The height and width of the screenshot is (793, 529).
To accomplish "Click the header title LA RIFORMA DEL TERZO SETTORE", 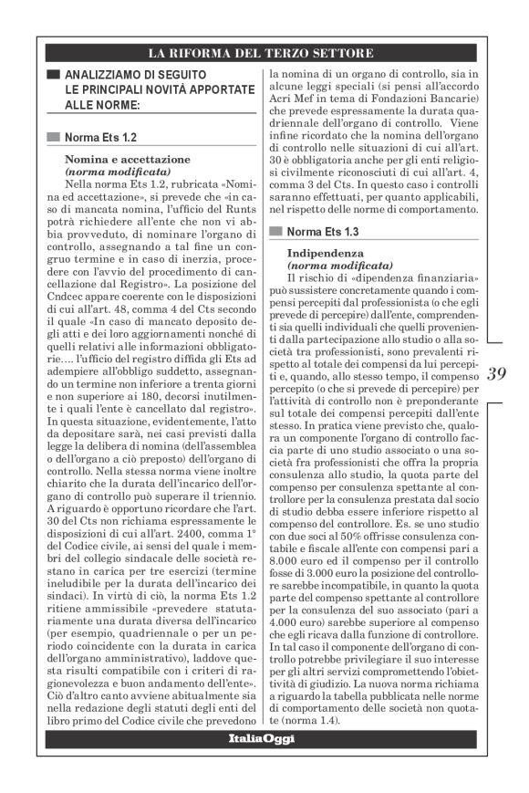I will tap(264, 52).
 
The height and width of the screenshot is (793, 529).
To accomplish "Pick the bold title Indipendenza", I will tap(326, 251).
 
